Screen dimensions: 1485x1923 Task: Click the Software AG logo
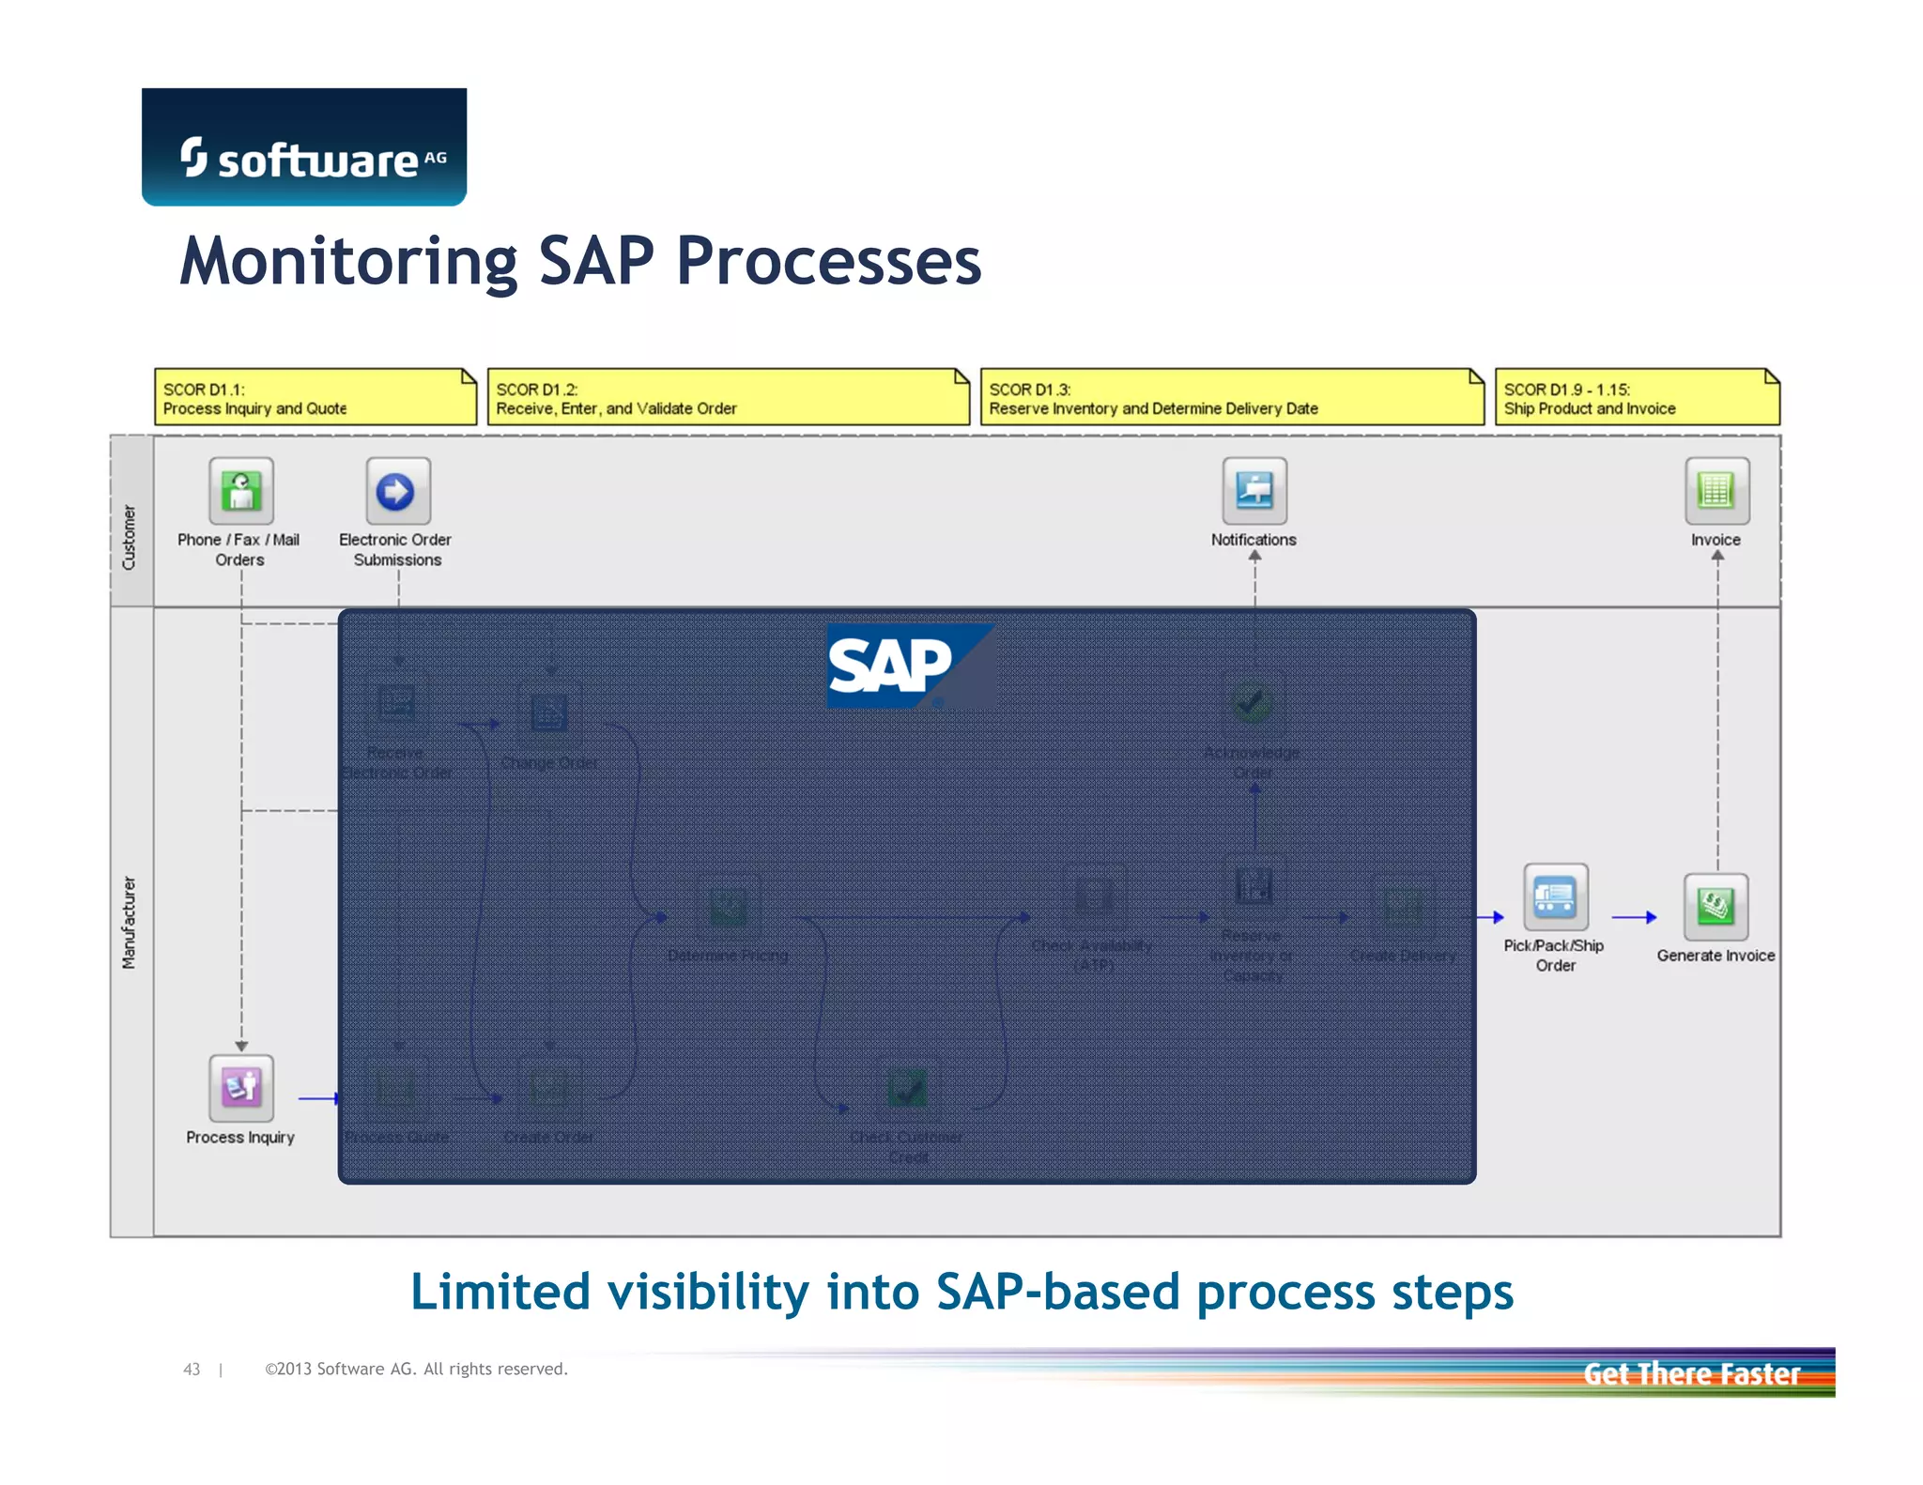coord(303,148)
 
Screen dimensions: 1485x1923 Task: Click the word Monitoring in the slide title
coord(348,262)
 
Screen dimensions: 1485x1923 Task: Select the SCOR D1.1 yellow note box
coord(315,398)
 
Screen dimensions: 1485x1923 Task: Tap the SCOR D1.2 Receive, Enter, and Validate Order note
coord(728,398)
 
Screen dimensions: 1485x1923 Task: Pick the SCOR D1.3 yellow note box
coord(1231,398)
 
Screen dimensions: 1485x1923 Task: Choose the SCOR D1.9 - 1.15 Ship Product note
coord(1636,398)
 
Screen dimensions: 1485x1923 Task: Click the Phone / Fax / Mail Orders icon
coord(241,491)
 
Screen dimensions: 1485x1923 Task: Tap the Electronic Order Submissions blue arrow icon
coord(397,491)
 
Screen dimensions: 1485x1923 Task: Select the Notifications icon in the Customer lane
coord(1254,491)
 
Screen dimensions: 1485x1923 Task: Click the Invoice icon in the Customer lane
coord(1716,491)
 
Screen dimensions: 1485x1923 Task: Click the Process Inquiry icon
coord(241,1088)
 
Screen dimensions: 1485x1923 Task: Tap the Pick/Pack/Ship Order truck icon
coord(1555,897)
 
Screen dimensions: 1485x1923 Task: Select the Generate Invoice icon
coord(1715,907)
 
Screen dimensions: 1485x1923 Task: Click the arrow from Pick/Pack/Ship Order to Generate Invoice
coord(1634,917)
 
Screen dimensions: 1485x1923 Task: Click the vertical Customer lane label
coord(130,537)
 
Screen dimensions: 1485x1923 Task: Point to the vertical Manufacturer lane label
coord(130,923)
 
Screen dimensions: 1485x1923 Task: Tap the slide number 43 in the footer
coord(192,1370)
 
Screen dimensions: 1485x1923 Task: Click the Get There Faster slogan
coord(1691,1374)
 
